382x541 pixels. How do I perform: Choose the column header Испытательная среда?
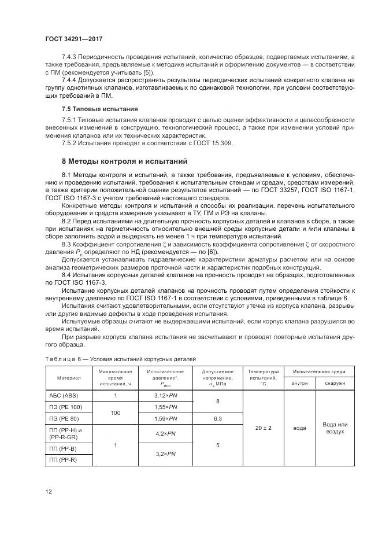[x=319, y=370]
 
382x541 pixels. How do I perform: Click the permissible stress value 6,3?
[x=217, y=417]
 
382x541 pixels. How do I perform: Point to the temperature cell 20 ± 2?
[x=263, y=428]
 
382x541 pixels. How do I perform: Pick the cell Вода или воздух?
[x=335, y=428]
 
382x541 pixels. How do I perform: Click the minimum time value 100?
[x=116, y=412]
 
